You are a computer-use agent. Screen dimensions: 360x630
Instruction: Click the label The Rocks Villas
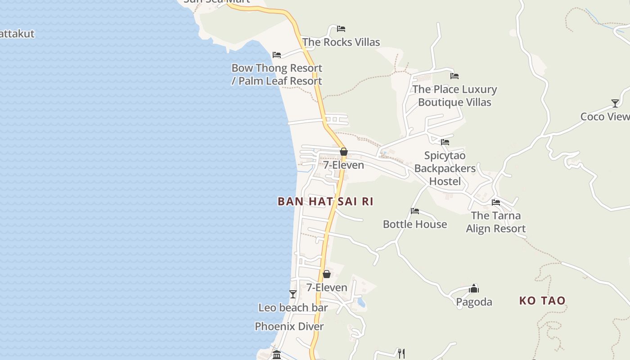(341, 42)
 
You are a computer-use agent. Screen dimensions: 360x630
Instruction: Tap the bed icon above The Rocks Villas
(341, 29)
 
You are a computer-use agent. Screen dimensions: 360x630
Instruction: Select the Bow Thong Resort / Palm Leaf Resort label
(277, 75)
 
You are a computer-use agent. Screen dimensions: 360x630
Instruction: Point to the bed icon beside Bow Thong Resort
(277, 55)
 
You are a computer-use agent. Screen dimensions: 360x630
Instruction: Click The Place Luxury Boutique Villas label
(454, 96)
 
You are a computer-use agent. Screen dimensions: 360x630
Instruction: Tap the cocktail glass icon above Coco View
(615, 103)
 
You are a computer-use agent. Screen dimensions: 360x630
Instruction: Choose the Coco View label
(605, 117)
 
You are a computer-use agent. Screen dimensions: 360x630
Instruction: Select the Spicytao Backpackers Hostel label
(445, 168)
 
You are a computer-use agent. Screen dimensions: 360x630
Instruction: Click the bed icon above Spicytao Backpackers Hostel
(445, 142)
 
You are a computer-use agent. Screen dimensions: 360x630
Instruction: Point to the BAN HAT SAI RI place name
(325, 202)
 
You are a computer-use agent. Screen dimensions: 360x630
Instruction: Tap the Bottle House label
(415, 224)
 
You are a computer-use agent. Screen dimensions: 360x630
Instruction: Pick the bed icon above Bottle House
(415, 211)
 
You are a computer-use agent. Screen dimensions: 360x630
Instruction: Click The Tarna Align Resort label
(496, 222)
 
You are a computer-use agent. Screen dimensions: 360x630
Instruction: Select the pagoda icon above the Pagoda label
(474, 288)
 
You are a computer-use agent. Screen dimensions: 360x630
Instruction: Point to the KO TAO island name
(542, 301)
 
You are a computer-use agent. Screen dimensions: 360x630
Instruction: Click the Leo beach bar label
(293, 308)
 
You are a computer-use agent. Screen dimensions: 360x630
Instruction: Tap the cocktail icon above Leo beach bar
(293, 294)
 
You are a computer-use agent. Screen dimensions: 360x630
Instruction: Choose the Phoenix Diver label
(289, 327)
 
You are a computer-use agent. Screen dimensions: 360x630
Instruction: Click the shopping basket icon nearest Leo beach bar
(327, 274)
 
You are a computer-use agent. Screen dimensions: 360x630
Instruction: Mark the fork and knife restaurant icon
(401, 353)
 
